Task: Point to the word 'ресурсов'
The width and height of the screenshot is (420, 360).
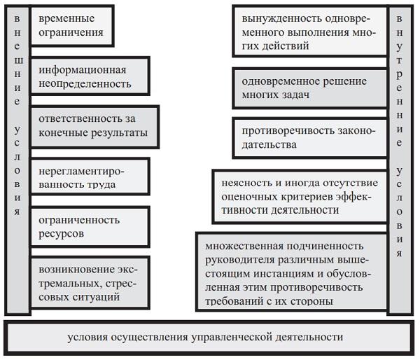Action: (62, 233)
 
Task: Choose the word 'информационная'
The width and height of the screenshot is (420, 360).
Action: (83, 69)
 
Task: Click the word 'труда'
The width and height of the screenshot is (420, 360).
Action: (101, 184)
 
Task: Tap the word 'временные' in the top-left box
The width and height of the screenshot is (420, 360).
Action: (66, 18)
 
